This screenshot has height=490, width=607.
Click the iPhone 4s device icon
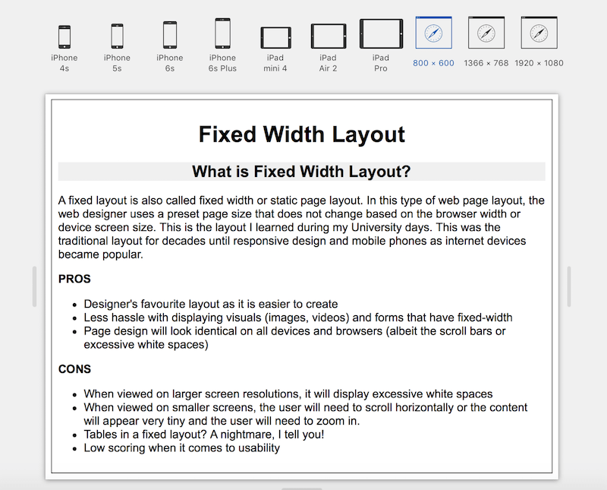tap(64, 36)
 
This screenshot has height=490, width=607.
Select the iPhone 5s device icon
tap(117, 36)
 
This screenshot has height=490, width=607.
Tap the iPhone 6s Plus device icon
tap(222, 33)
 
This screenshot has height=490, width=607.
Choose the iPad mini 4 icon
tap(275, 38)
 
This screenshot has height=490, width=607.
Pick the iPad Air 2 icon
tap(328, 36)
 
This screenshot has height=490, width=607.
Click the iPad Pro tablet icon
tap(381, 34)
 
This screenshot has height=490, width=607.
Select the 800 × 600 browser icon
tap(433, 33)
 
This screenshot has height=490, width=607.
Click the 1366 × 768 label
tap(486, 63)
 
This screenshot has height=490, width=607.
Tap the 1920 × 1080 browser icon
tap(539, 33)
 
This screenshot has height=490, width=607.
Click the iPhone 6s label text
tap(170, 63)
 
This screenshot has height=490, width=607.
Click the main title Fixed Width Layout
tap(302, 134)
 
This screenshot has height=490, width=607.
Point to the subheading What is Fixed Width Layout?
tap(301, 172)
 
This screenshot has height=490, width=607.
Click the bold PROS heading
tap(74, 280)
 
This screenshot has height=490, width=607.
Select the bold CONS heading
tap(74, 369)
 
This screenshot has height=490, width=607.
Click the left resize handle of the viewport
tap(34, 286)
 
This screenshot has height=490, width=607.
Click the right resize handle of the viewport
tap(569, 286)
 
